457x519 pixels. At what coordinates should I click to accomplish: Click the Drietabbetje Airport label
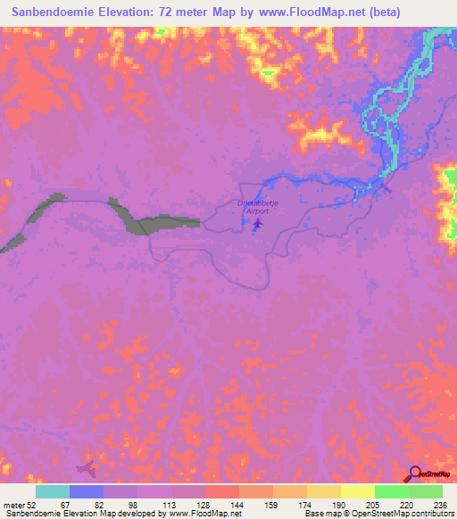click(x=255, y=207)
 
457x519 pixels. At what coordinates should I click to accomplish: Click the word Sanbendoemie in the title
click(x=57, y=12)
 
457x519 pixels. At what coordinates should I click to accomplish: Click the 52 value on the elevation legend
click(x=32, y=503)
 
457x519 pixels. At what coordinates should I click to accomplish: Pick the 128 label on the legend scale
click(x=204, y=503)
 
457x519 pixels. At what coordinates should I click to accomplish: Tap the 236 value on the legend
click(x=441, y=503)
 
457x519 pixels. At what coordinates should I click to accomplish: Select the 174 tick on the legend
click(x=306, y=503)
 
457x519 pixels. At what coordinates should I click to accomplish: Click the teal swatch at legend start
click(x=53, y=491)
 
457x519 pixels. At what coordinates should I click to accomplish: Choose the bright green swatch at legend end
click(x=425, y=491)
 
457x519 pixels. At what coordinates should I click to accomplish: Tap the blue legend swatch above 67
click(x=87, y=491)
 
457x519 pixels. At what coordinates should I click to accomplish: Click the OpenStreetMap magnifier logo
click(x=414, y=474)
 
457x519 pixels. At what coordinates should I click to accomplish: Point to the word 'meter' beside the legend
click(x=13, y=503)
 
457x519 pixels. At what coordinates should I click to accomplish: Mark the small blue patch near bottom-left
click(x=87, y=466)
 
